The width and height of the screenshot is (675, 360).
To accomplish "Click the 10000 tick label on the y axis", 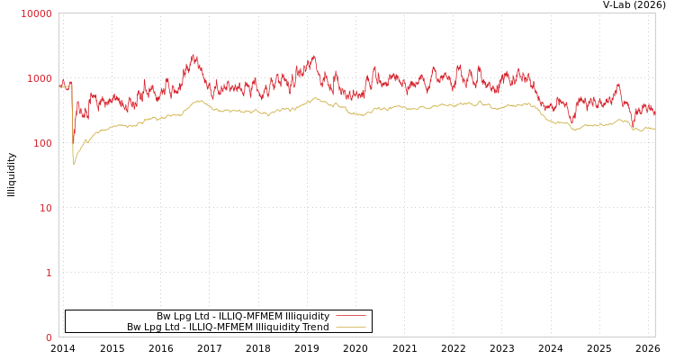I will coord(36,13).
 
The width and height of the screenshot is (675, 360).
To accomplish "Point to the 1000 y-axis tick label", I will coord(39,78).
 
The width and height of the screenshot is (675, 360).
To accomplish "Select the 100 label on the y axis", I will coord(41,143).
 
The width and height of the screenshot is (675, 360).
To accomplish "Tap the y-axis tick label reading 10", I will coord(45,208).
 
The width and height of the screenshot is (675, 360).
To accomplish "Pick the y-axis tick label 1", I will coord(49,273).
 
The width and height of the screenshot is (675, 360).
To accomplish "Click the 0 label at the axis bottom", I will coord(49,337).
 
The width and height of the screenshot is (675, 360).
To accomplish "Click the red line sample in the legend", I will coord(350,316).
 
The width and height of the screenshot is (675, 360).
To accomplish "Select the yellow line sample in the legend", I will coord(350,327).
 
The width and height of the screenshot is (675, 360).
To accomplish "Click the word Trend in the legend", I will coord(316,327).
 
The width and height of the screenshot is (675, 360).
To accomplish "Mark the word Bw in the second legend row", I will coord(134,327).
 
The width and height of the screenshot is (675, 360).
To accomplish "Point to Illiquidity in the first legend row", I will coord(307,316).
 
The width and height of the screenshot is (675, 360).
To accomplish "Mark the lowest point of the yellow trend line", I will coord(74,165).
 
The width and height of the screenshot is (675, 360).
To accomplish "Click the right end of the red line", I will coord(654,115).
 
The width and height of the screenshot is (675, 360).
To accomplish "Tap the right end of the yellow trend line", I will coord(654,129).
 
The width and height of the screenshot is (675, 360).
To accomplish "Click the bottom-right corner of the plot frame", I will coord(655,337).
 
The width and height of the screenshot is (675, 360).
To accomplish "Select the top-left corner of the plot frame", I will coord(59,13).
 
